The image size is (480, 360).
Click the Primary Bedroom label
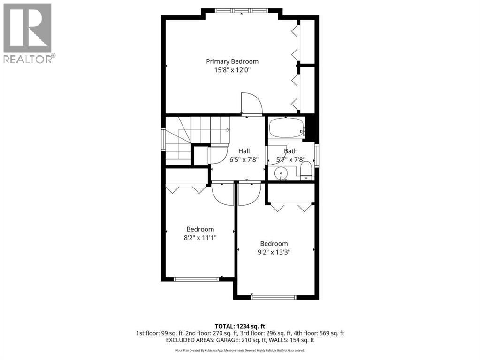click(x=232, y=61)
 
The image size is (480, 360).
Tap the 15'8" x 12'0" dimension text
click(x=232, y=70)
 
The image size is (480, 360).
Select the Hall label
click(x=244, y=151)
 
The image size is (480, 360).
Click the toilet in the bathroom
click(x=305, y=171)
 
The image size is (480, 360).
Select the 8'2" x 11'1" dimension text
click(x=200, y=238)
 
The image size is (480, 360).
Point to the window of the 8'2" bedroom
click(x=196, y=279)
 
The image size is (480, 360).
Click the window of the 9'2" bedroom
click(x=274, y=296)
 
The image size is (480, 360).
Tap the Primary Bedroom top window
click(x=242, y=10)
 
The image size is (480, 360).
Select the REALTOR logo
click(x=28, y=33)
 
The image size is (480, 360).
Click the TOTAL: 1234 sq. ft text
click(x=240, y=326)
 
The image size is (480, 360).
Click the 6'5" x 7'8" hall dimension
click(x=244, y=159)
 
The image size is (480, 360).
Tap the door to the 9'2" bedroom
click(x=247, y=194)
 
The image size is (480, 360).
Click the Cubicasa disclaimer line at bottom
click(x=240, y=350)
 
